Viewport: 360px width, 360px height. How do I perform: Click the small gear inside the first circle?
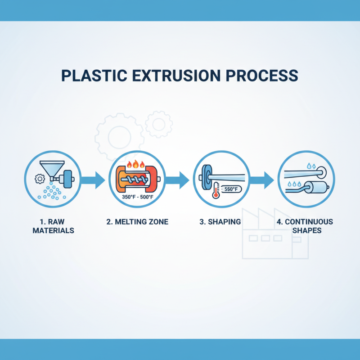coord(39,179)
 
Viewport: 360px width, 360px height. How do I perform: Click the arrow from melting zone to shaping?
coord(177,180)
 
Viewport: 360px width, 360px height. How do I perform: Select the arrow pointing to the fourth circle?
coord(261,180)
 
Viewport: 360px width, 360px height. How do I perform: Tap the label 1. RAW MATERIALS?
coord(53,226)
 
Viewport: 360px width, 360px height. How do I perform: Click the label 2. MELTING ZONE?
coord(138,222)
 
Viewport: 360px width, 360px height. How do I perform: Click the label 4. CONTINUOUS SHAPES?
coord(305,226)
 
